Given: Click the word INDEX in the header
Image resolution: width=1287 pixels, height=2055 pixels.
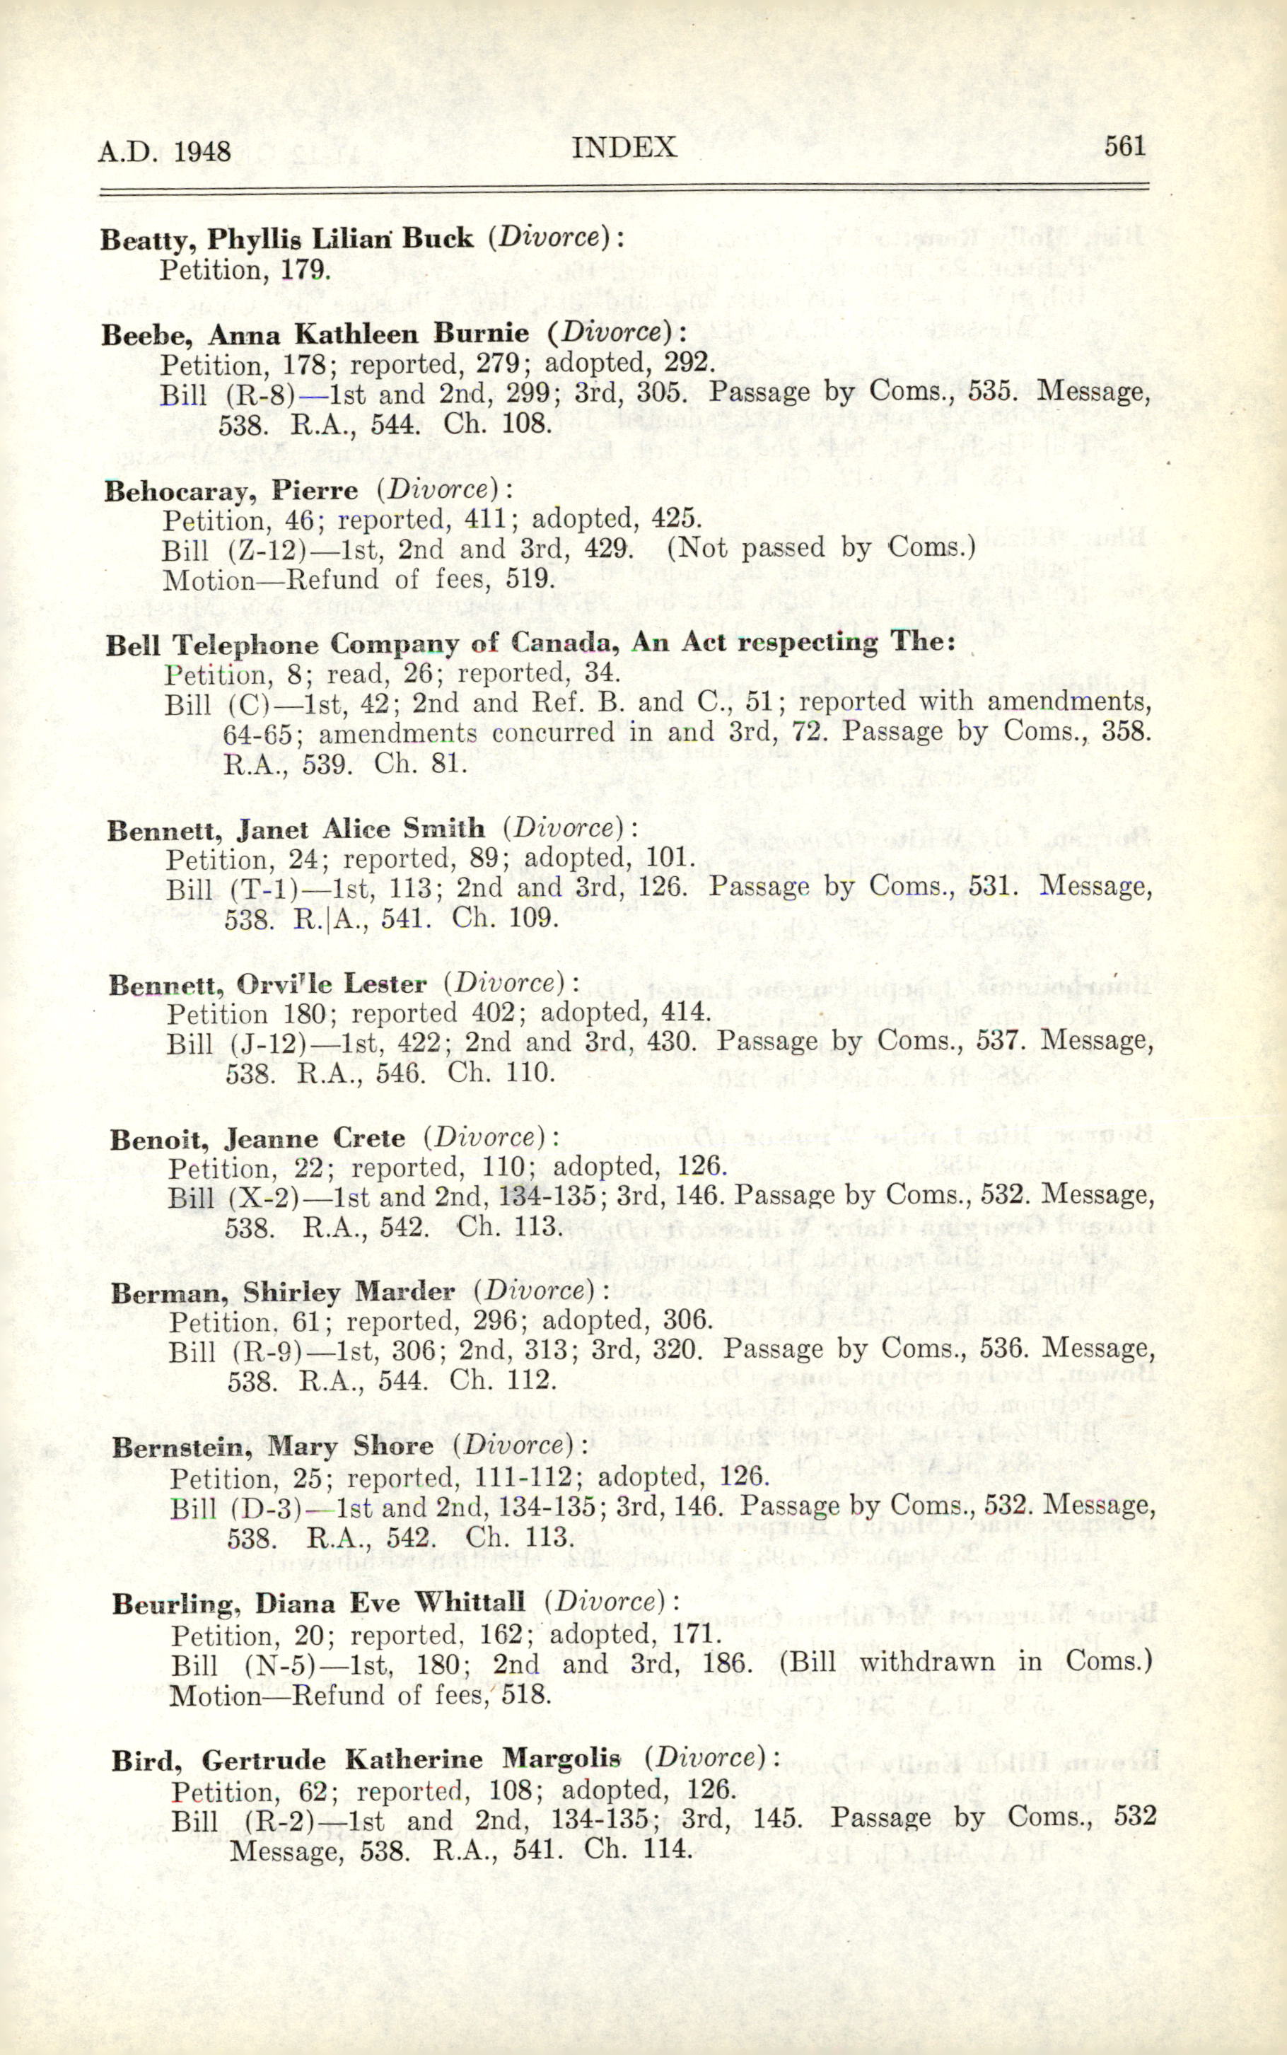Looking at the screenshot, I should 624,147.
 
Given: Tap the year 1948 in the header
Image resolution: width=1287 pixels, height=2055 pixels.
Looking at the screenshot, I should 202,151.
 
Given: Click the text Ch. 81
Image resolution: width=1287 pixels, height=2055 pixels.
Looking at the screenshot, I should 421,762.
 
